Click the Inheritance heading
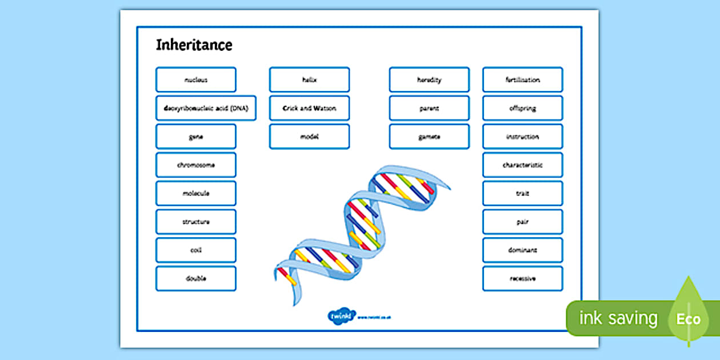click(x=194, y=45)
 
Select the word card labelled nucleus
click(x=195, y=80)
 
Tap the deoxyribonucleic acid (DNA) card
click(x=206, y=108)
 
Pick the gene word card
click(x=195, y=137)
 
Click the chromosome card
click(x=195, y=165)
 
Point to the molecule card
click(x=195, y=193)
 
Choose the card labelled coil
click(x=195, y=250)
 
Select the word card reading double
click(x=195, y=279)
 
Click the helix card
click(x=309, y=80)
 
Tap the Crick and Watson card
click(x=309, y=108)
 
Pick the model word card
click(x=309, y=137)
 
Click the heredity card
click(x=429, y=80)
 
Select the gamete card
click(x=429, y=137)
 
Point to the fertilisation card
click(x=522, y=80)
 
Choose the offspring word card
click(x=522, y=108)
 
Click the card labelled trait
click(x=522, y=193)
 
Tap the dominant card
click(x=522, y=250)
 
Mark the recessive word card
click(x=522, y=279)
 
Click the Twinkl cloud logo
click(x=342, y=317)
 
